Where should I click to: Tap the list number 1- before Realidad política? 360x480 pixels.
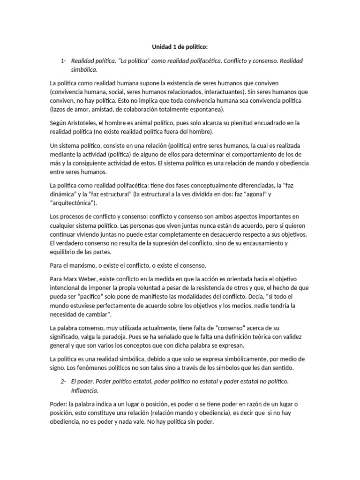(x=64, y=61)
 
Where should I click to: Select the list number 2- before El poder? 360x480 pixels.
(x=64, y=382)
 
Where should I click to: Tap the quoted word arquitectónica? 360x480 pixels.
(x=72, y=203)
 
